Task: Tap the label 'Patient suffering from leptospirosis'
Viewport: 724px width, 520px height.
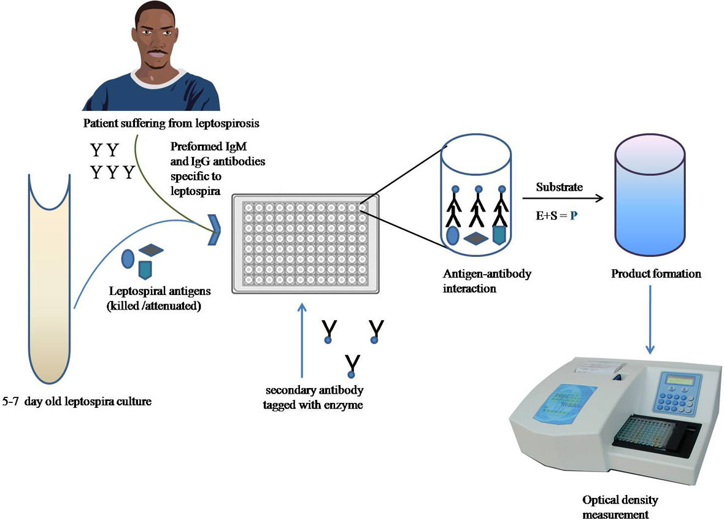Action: coord(171,124)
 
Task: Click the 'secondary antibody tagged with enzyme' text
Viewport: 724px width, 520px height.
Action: coord(314,397)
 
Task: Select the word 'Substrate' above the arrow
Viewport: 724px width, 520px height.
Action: coord(559,187)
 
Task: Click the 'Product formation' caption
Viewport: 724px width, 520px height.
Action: coord(656,273)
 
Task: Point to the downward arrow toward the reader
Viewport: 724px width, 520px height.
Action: coord(650,322)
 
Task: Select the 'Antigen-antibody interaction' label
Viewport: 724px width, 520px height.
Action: coord(487,280)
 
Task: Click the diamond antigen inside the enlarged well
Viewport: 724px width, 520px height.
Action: coord(476,237)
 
